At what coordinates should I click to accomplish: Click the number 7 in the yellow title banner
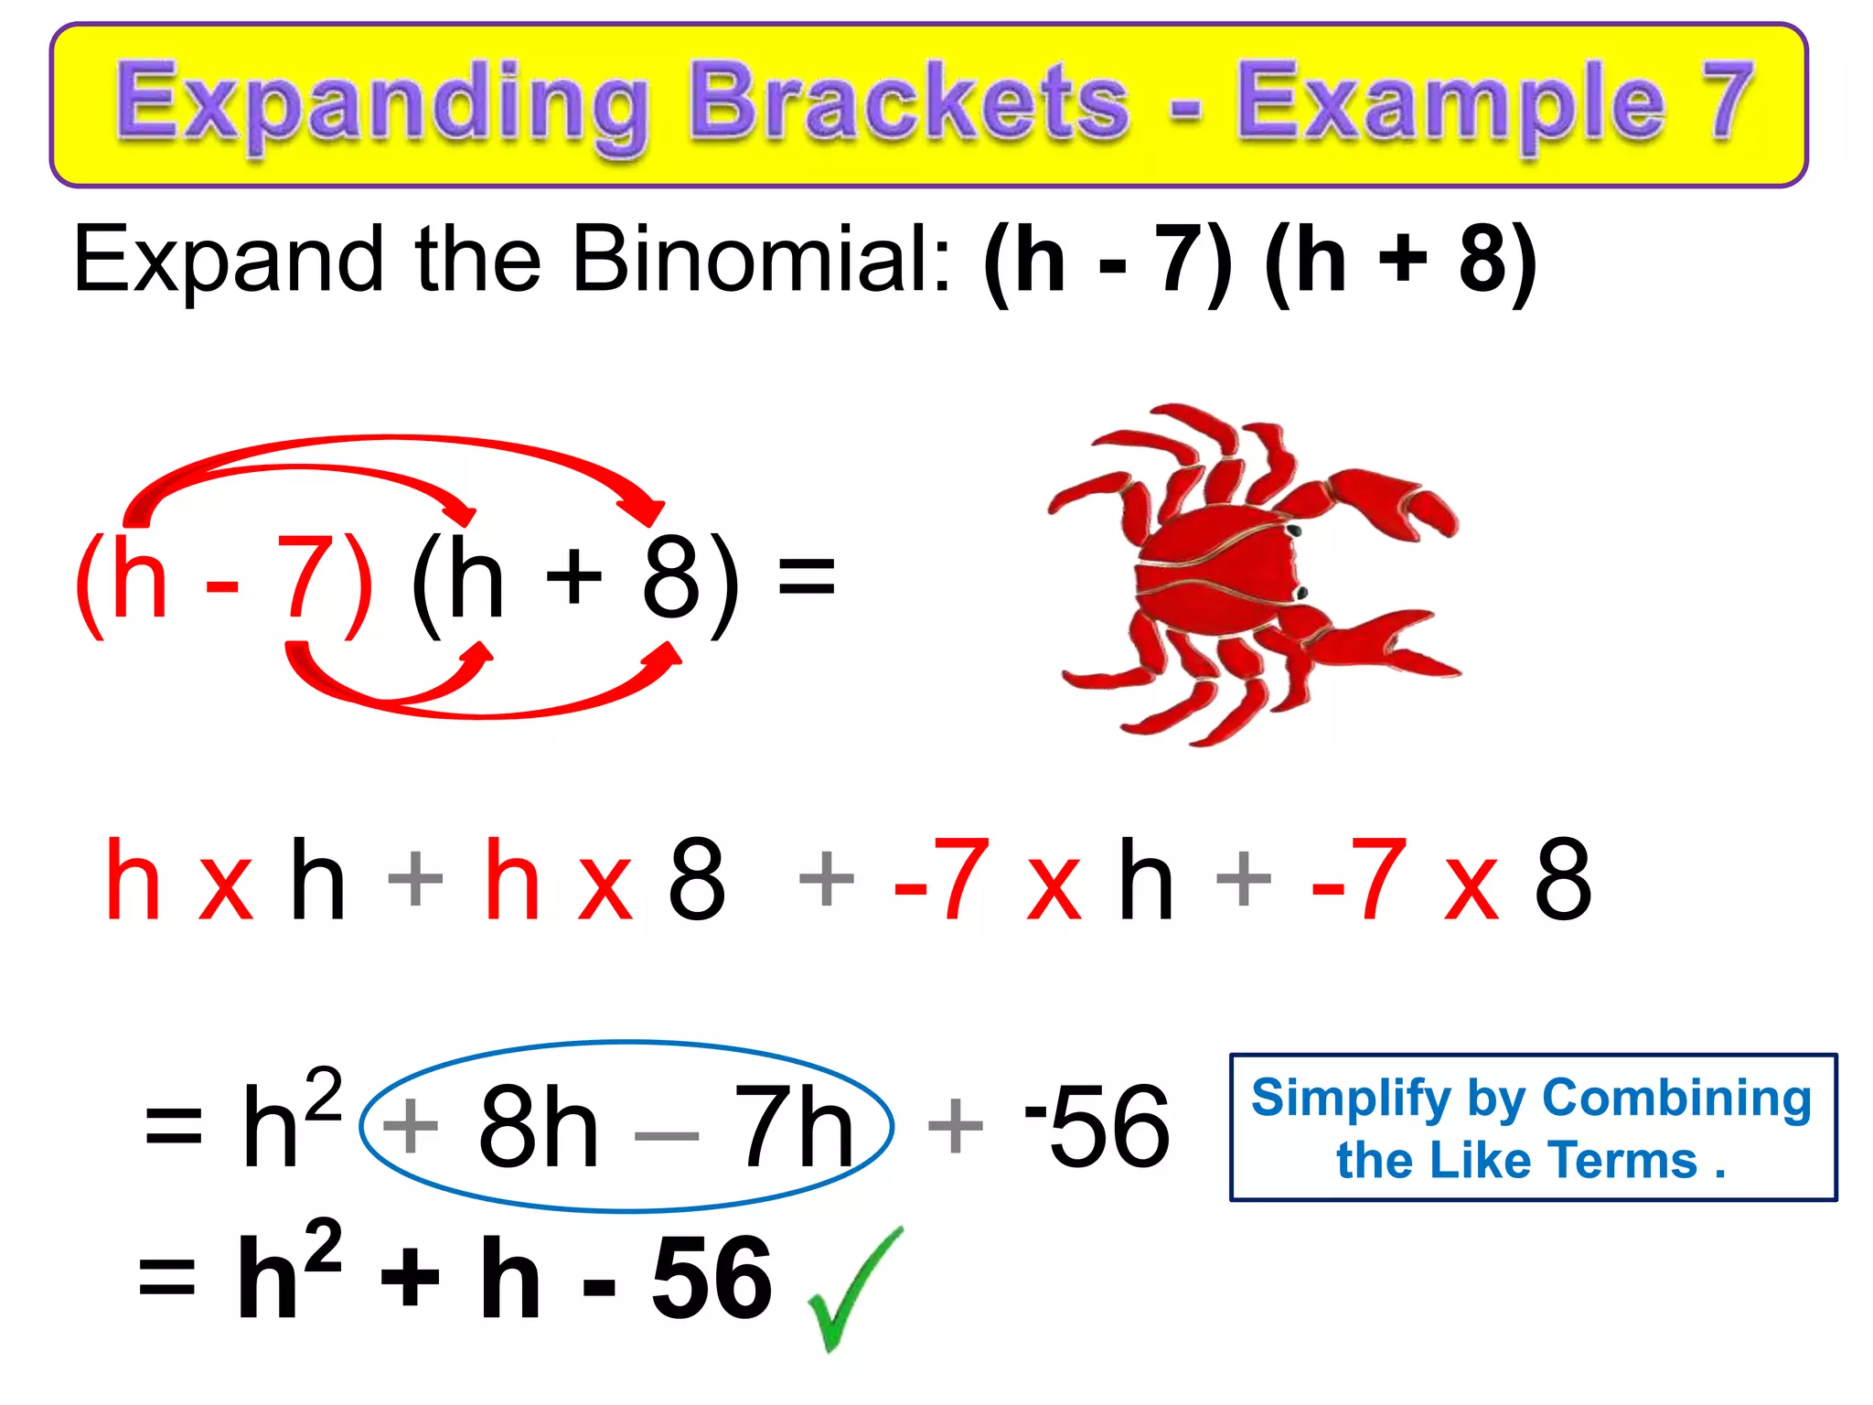coord(1723,102)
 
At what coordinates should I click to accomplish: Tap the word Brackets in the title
coord(909,102)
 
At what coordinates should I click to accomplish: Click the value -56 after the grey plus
coord(1097,1127)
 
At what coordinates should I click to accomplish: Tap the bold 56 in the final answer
coord(712,1279)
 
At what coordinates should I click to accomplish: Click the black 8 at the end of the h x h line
coord(1563,880)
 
